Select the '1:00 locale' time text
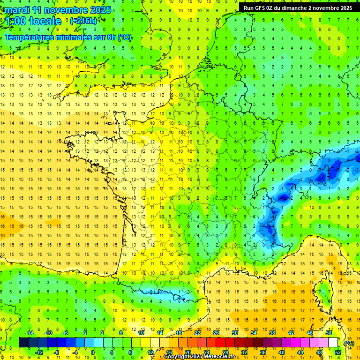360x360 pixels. pos(33,21)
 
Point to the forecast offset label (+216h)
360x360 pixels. pos(83,21)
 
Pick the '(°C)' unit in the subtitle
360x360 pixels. pos(124,37)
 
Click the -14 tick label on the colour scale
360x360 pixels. pos(30,333)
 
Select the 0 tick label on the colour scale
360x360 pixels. pos(92,352)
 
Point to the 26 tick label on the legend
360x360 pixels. pos(216,333)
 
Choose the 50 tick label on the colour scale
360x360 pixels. pos(329,333)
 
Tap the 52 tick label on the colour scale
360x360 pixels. pos(338,352)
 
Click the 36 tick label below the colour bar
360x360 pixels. pos(263,352)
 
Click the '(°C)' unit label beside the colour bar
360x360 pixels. pos(349,343)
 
